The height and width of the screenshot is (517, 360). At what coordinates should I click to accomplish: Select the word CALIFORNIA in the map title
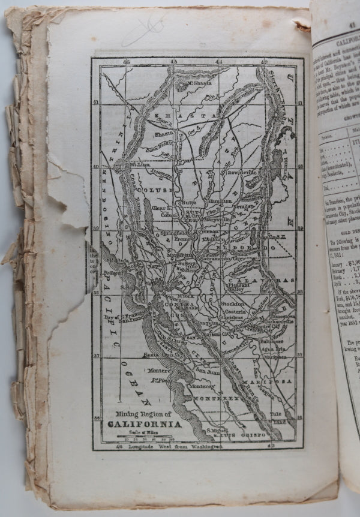[143, 425]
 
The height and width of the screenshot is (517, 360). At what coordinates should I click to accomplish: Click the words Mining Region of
[143, 415]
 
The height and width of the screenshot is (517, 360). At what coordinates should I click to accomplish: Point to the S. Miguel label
[217, 431]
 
